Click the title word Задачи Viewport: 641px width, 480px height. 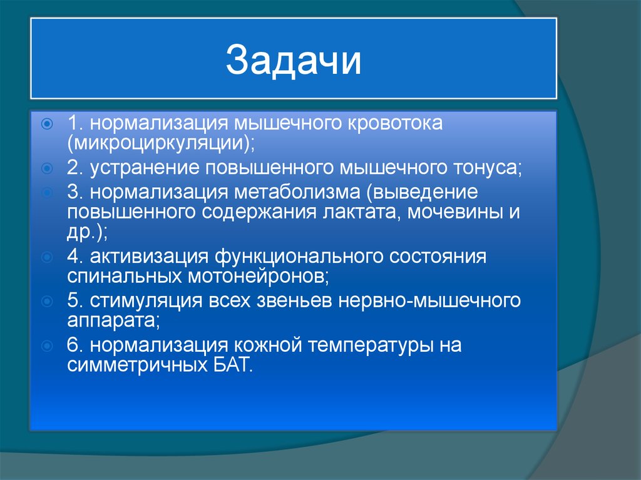(x=294, y=61)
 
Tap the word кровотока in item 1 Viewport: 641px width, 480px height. (x=390, y=123)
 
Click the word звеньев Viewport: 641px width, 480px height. (x=295, y=302)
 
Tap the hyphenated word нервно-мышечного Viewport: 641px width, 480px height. (x=430, y=302)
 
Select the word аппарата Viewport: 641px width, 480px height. (x=111, y=320)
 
